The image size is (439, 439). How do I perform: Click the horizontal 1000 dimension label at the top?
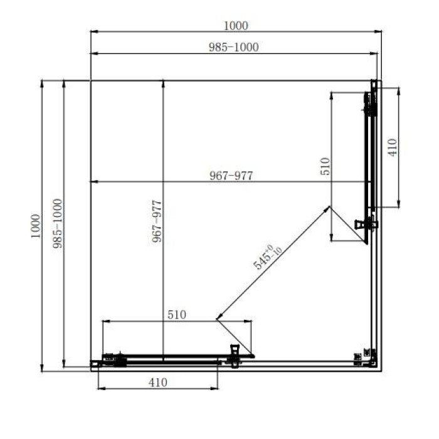tap(236, 26)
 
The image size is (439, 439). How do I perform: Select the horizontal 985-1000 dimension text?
tap(234, 47)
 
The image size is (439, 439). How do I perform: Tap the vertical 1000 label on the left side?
tap(36, 226)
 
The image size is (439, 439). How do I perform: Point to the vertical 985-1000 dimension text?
tap(58, 223)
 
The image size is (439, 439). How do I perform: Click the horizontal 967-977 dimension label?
tap(231, 176)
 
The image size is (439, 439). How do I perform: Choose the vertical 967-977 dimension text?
tap(157, 221)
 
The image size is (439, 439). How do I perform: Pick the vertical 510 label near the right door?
tap(325, 166)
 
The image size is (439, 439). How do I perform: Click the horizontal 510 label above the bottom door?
tap(177, 315)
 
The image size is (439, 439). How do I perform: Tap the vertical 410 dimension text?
tap(393, 147)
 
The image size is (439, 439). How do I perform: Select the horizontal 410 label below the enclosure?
tap(158, 383)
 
